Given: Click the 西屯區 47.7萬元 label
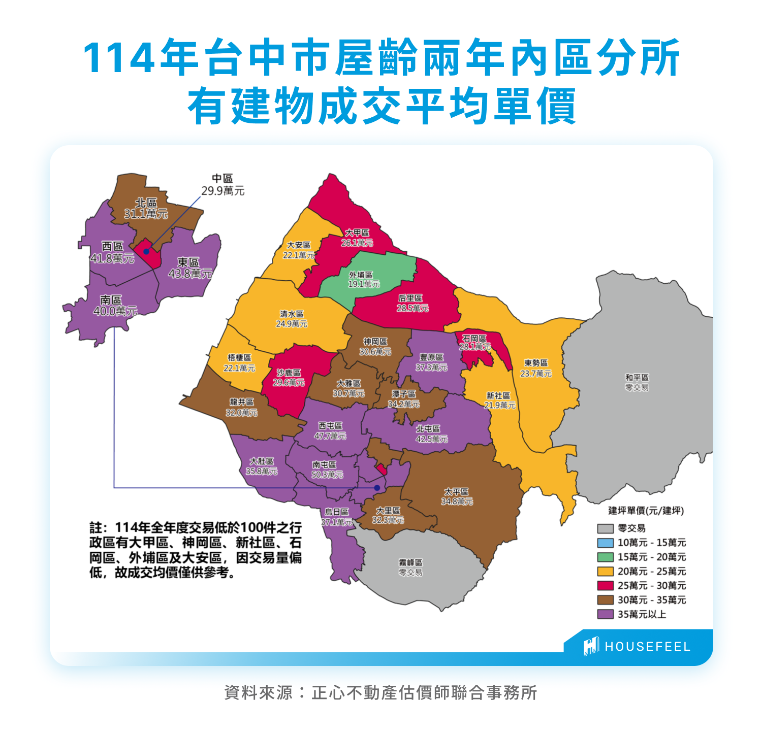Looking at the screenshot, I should (x=330, y=431).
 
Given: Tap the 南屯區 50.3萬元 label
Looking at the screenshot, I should (x=327, y=470).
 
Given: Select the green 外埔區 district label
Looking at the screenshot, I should (x=363, y=279).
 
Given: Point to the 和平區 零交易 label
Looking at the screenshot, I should (x=637, y=382).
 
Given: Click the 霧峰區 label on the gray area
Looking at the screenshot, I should (x=410, y=567).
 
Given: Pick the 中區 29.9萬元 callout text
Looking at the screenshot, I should (x=223, y=185).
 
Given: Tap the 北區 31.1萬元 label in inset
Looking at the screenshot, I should (x=146, y=208).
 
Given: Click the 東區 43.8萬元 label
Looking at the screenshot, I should (x=189, y=268).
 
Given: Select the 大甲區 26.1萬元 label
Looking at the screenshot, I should (x=357, y=238).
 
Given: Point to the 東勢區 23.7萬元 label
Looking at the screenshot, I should (x=535, y=368).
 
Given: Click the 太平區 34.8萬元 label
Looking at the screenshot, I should (x=456, y=496).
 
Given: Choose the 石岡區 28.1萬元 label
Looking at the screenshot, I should (x=474, y=342).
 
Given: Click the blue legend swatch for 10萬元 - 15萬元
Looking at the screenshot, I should (x=605, y=543).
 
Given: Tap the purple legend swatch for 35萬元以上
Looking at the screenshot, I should (x=605, y=614).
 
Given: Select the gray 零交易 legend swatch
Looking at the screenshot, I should (x=605, y=528).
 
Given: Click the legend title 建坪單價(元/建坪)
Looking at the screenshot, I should (x=646, y=511).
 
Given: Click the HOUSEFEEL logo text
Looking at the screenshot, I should (x=647, y=647).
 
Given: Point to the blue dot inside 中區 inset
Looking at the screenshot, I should (x=146, y=251).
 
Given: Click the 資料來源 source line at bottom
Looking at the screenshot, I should (x=380, y=692).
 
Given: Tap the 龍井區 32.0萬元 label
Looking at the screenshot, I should (x=241, y=407).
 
